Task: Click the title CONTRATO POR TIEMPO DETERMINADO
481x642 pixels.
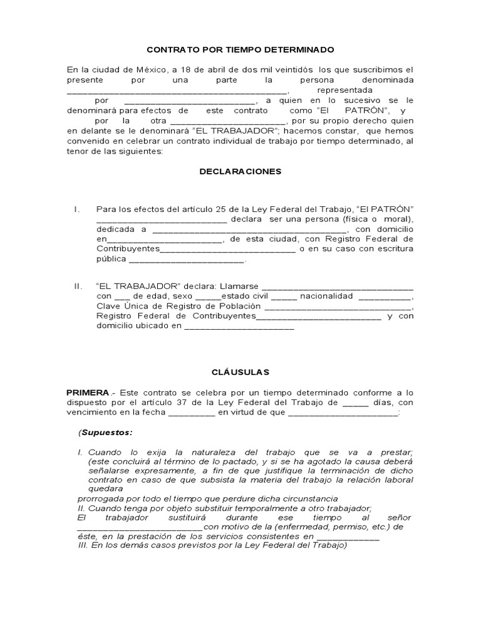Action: [x=240, y=50]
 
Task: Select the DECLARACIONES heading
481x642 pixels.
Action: [x=240, y=171]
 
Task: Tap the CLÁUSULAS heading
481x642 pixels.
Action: [x=240, y=372]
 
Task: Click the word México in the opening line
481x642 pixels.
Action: [x=145, y=69]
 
